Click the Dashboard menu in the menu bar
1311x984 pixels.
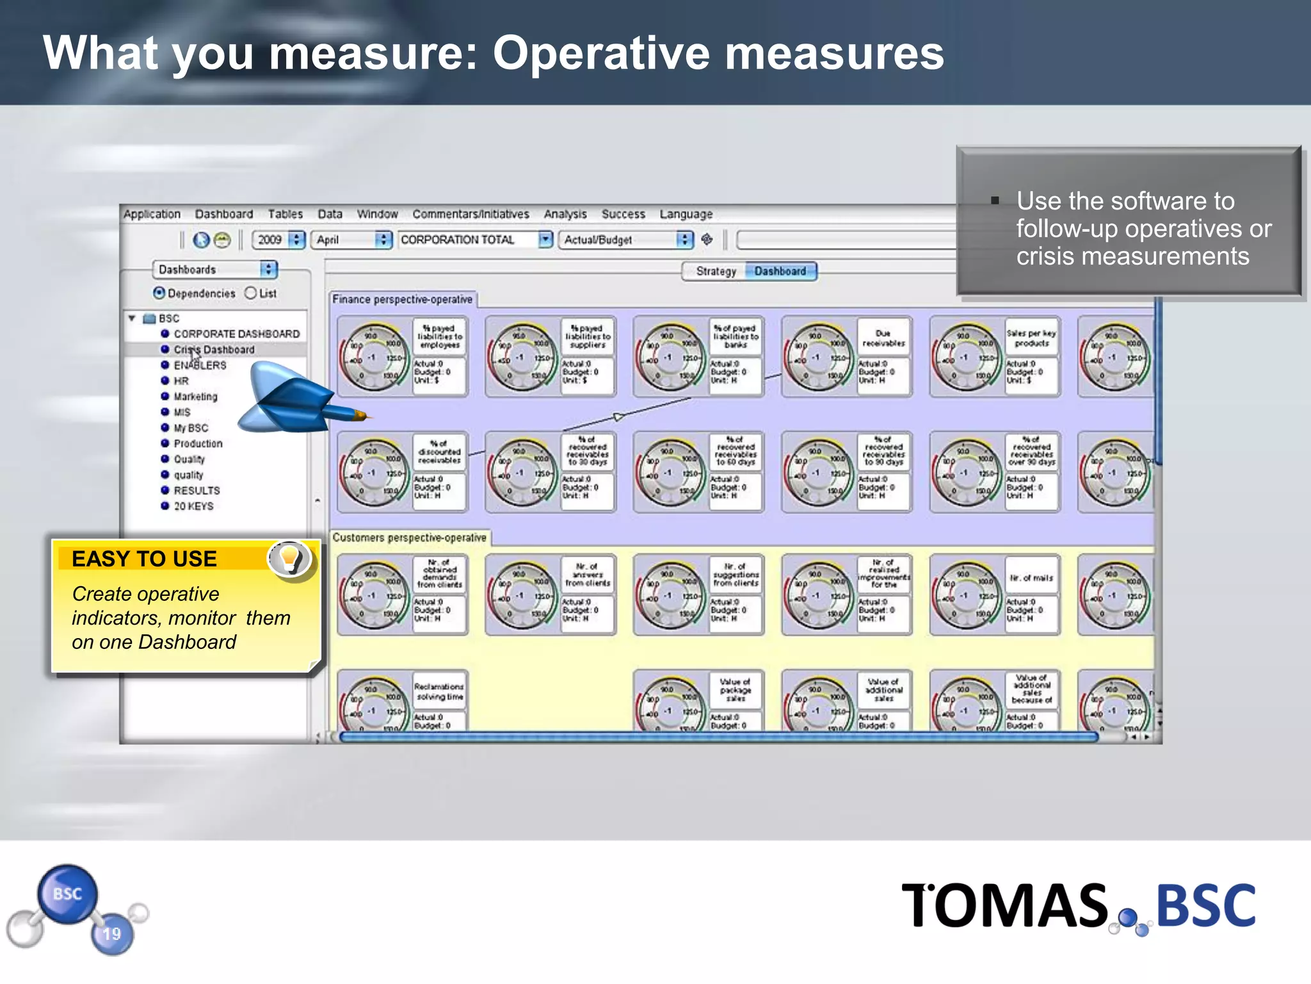[223, 214]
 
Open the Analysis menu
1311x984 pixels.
[565, 214]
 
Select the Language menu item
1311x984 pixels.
[686, 214]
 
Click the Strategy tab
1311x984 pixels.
[716, 271]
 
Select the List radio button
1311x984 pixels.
[251, 293]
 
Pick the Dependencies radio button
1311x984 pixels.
[159, 293]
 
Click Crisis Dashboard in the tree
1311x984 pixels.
[214, 350]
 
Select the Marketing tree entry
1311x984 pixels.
[195, 397]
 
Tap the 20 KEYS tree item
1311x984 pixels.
[193, 506]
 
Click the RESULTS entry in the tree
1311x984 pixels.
[197, 491]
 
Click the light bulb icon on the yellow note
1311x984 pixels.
[289, 558]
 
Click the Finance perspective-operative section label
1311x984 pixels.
[402, 300]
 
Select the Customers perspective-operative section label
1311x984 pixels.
[409, 538]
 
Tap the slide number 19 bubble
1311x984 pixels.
[112, 934]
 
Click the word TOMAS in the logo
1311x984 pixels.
[1004, 906]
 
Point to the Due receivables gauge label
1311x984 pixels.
[883, 338]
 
